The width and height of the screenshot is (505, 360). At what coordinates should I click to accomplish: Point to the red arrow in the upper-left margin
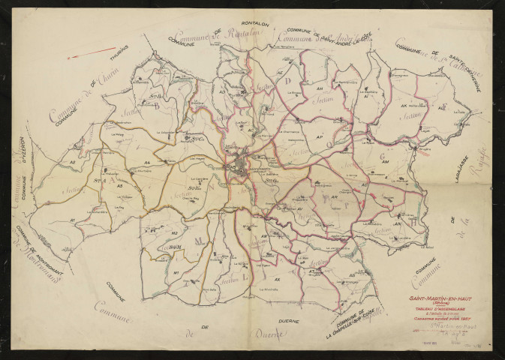(82, 53)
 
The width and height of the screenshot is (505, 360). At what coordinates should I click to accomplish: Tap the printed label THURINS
(119, 50)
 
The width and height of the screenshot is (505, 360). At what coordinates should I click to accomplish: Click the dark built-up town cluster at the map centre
(239, 165)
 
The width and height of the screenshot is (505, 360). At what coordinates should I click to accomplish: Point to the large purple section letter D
(286, 80)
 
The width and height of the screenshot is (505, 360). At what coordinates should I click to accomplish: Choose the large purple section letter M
(199, 240)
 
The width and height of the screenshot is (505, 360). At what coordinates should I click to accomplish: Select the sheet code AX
(277, 279)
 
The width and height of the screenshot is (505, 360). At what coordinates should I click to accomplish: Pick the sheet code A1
(72, 220)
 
